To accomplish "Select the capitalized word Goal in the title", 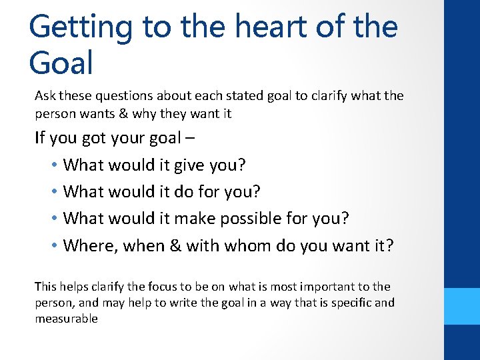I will pos(61,63).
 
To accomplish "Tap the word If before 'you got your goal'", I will pos(40,139).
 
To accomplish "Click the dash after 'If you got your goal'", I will pos(193,139).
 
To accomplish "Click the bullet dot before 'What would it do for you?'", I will pos(53,192).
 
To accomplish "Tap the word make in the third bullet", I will pos(200,219).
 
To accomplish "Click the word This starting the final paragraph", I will pos(46,287).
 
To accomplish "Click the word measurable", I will pos(66,319).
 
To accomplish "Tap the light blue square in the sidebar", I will pos(462,306).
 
